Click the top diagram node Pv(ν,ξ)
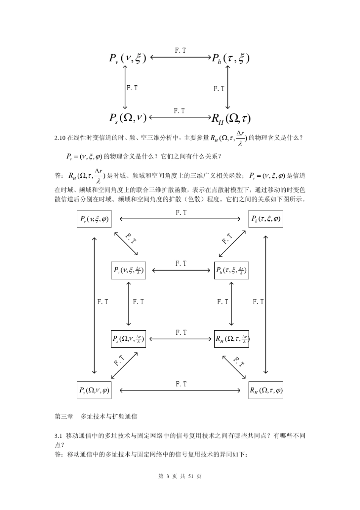pos(127,58)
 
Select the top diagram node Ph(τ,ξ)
pos(230,58)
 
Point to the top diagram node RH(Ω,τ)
pos(231,118)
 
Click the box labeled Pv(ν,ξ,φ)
pos(94,219)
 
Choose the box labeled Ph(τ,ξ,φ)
pos(266,219)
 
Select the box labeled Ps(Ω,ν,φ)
pos(94,390)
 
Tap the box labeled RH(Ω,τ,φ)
pos(266,390)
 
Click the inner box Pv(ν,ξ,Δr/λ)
pos(128,270)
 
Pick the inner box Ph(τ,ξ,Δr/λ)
pos(231,270)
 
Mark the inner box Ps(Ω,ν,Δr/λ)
pos(128,339)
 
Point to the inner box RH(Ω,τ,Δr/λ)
pos(232,339)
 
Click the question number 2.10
pos(60,138)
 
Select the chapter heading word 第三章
pos(64,416)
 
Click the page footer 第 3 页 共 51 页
pos(180,476)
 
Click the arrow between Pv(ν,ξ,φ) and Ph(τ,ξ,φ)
pos(180,219)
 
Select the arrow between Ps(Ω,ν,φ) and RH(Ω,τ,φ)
pos(180,390)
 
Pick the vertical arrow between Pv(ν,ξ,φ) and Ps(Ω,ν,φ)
pos(94,305)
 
